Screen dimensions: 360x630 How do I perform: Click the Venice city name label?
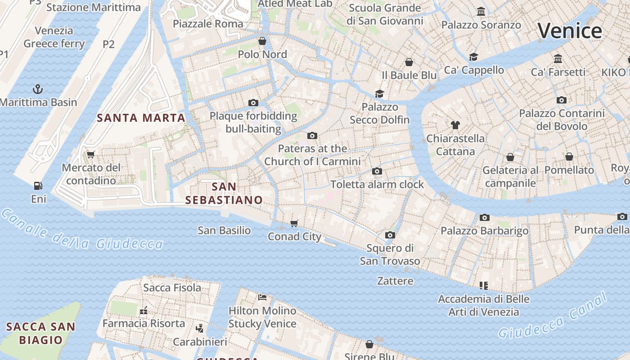pos(569,31)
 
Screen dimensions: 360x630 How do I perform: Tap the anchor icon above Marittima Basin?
pos(38,89)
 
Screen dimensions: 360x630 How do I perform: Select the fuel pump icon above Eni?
pos(38,185)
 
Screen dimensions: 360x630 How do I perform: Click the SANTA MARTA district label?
pos(141,118)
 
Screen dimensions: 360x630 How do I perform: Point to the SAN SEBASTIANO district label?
pos(224,193)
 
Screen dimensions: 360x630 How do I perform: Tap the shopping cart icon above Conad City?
pos(294,223)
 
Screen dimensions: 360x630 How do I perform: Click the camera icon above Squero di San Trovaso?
pos(390,235)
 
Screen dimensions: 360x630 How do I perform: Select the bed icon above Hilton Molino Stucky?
pos(262,297)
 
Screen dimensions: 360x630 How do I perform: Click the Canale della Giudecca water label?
pos(81,230)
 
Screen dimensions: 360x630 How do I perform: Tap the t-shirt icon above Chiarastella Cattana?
pos(455,125)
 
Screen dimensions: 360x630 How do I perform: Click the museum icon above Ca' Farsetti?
pos(558,58)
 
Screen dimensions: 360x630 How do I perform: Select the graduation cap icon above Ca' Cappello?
pos(473,57)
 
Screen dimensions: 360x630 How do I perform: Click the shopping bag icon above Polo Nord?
pos(262,41)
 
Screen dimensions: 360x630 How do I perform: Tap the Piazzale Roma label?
pos(208,23)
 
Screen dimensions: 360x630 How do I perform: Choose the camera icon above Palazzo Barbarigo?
pos(484,218)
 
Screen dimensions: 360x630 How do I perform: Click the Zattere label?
pos(395,281)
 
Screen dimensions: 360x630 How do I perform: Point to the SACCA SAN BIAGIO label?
pos(40,333)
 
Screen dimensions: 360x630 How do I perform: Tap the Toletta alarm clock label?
pos(377,184)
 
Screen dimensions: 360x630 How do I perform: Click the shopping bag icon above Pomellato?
pos(569,157)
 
